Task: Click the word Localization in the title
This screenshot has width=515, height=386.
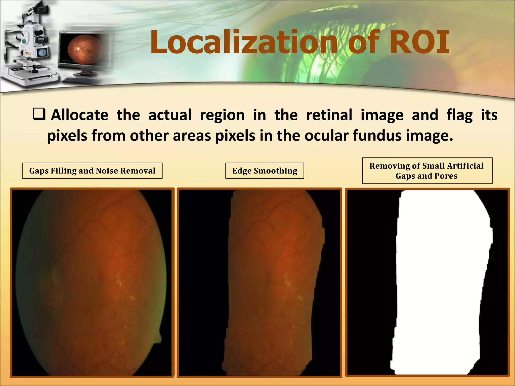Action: pyautogui.click(x=243, y=42)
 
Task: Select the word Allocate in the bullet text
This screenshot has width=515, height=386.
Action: pyautogui.click(x=79, y=115)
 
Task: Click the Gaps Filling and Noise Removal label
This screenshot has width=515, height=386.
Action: pyautogui.click(x=92, y=171)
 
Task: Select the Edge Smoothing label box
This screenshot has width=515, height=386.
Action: pyautogui.click(x=265, y=171)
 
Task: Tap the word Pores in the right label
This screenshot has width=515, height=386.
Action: pyautogui.click(x=446, y=176)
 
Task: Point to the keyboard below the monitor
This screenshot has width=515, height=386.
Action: pyautogui.click(x=79, y=80)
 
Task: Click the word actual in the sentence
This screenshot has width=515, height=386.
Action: pyautogui.click(x=170, y=115)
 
